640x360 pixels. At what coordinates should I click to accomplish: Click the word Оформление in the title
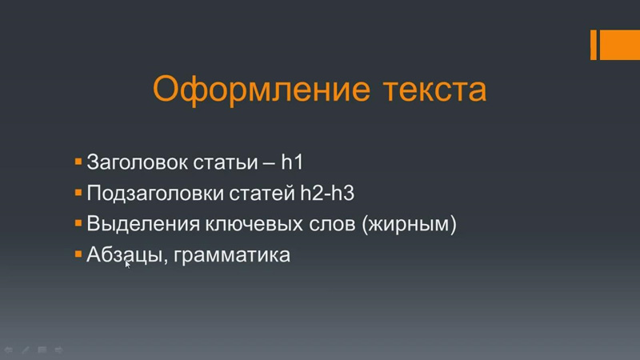pos(262,90)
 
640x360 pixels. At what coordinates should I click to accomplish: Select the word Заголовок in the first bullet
pos(137,162)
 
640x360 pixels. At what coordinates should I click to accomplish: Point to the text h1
pos(292,162)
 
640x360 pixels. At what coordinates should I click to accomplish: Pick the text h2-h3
pos(327,193)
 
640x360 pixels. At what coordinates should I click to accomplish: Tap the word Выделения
pos(143,224)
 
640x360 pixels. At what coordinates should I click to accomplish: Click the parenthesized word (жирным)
pos(409,225)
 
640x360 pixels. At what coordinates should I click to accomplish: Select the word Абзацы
pos(125,255)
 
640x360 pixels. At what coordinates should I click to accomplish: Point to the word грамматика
pos(232,256)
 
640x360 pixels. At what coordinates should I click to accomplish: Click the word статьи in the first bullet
pos(226,162)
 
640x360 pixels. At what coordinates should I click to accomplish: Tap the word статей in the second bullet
pos(262,193)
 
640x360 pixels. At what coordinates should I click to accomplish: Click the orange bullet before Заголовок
pos(78,162)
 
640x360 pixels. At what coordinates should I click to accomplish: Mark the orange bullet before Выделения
pos(78,223)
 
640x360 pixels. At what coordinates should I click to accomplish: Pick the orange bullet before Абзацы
pos(78,254)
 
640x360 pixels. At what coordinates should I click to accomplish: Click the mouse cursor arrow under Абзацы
pos(127,264)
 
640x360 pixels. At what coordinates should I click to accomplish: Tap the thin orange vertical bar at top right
pos(594,45)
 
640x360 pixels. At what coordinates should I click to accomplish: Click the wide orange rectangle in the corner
pos(619,45)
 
